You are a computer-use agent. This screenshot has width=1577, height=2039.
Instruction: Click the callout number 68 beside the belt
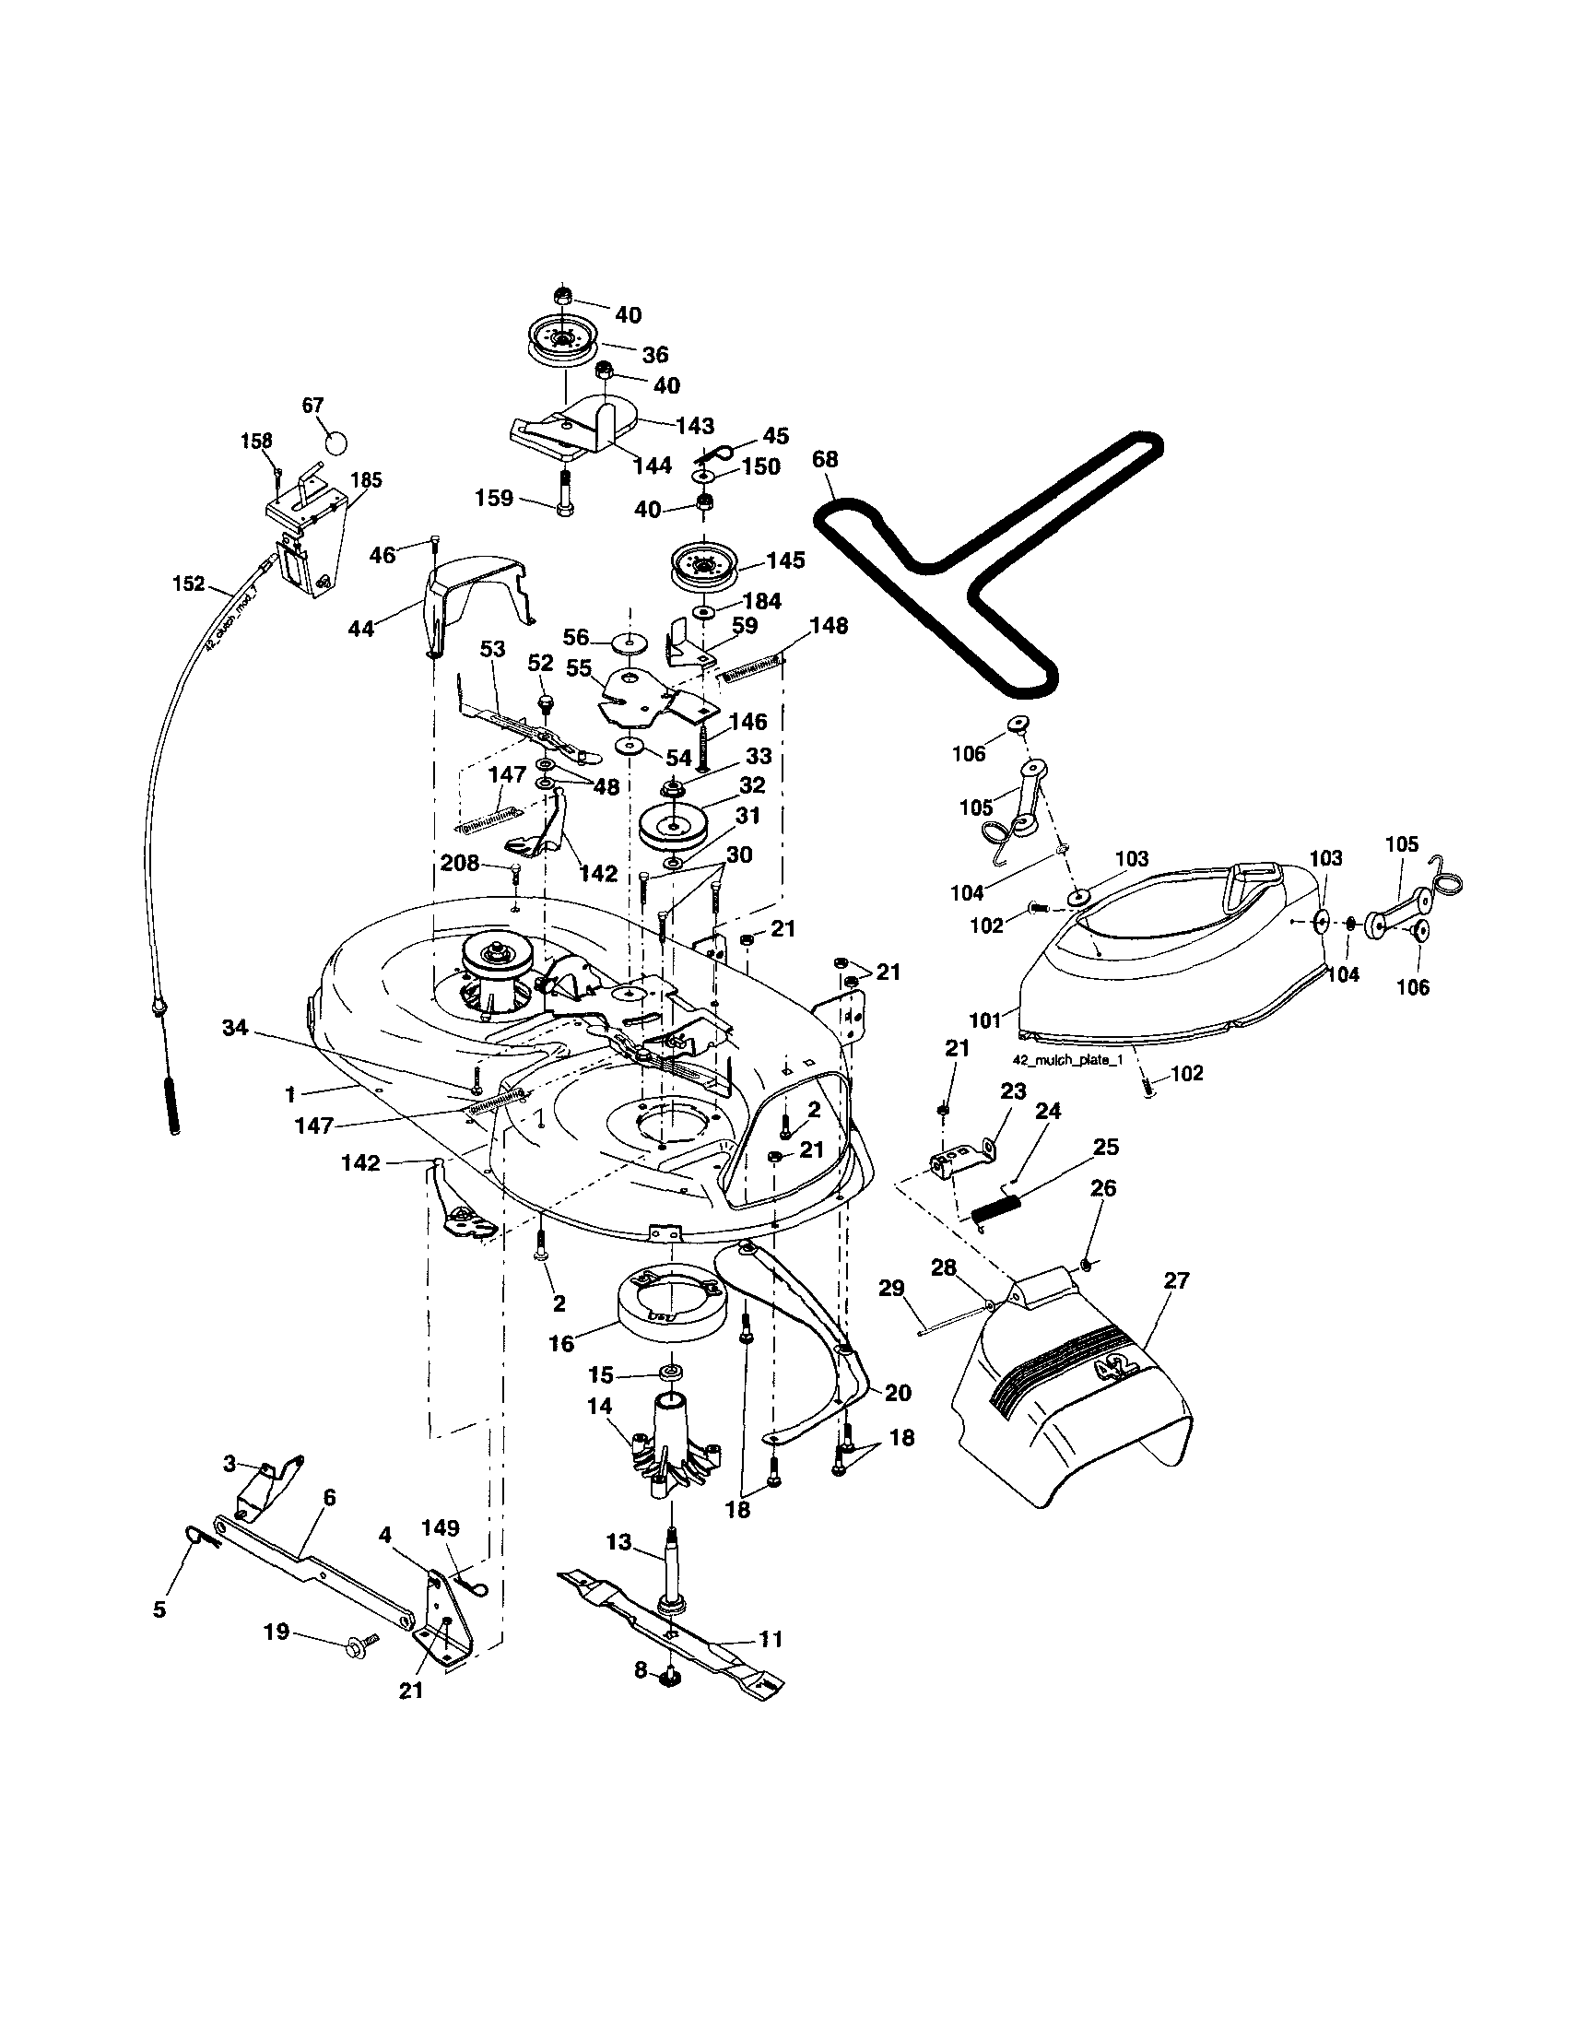pos(826,459)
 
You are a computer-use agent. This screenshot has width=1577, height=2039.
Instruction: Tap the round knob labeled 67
pos(335,441)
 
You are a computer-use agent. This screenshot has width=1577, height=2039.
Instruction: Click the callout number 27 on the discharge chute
pos(1176,1280)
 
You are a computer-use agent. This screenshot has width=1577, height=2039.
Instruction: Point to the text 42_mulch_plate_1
pos(1067,1061)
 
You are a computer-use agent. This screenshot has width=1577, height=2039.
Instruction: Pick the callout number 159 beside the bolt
pos(493,498)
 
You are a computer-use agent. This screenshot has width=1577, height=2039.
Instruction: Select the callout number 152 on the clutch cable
pos(189,583)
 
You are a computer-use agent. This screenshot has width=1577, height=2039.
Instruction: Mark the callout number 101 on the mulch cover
pos(984,1020)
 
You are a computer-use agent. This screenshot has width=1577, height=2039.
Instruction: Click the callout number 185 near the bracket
pos(366,480)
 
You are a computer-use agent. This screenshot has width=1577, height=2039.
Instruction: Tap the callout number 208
pos(459,863)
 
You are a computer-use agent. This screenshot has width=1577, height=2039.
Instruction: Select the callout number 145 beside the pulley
pos(785,560)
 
